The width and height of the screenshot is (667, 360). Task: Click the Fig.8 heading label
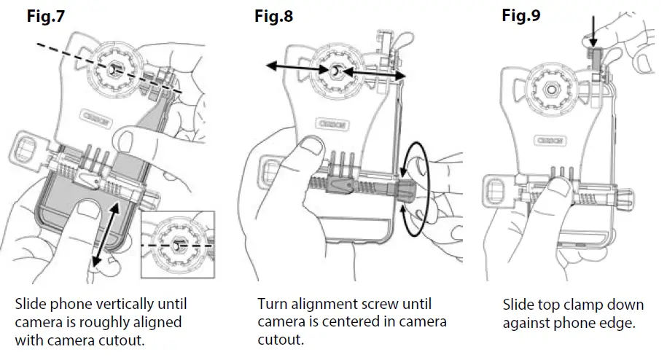coord(273,17)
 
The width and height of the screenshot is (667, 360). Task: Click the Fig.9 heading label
coord(521,15)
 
